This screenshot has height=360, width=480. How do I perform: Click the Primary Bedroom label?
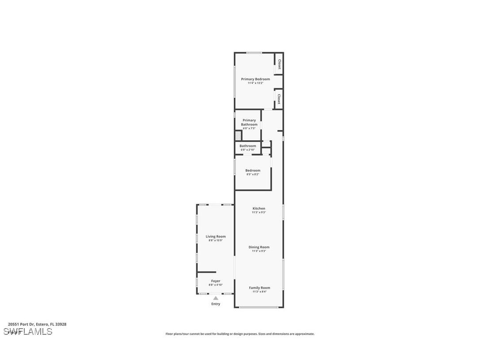click(x=255, y=79)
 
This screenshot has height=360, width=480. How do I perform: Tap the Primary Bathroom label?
click(x=249, y=122)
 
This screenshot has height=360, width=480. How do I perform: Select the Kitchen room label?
click(x=259, y=208)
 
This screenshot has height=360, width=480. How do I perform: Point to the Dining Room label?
click(x=259, y=247)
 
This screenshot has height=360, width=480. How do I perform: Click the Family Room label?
click(x=259, y=288)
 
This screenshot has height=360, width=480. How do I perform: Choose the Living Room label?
click(x=215, y=237)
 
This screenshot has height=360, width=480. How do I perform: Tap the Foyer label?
click(x=215, y=281)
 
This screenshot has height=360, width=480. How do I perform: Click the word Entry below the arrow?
click(x=215, y=304)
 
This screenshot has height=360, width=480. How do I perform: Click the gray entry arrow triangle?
click(x=215, y=298)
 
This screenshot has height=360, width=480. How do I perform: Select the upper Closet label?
click(x=279, y=64)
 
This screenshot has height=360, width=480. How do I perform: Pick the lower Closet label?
click(x=279, y=98)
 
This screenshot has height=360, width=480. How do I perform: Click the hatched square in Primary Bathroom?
click(x=238, y=135)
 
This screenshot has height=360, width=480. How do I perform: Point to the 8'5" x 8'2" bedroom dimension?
click(x=252, y=174)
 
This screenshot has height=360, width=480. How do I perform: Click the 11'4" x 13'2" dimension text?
click(x=255, y=83)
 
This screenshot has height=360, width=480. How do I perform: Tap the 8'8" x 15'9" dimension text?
click(x=215, y=241)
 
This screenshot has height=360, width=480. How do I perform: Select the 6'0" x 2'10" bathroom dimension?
click(x=248, y=150)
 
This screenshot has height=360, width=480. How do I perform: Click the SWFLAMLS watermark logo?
click(x=28, y=332)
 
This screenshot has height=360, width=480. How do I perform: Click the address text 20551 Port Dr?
click(x=37, y=324)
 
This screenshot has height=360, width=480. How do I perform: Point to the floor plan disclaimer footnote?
click(x=240, y=334)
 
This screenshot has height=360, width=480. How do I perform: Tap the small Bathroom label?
click(x=248, y=146)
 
